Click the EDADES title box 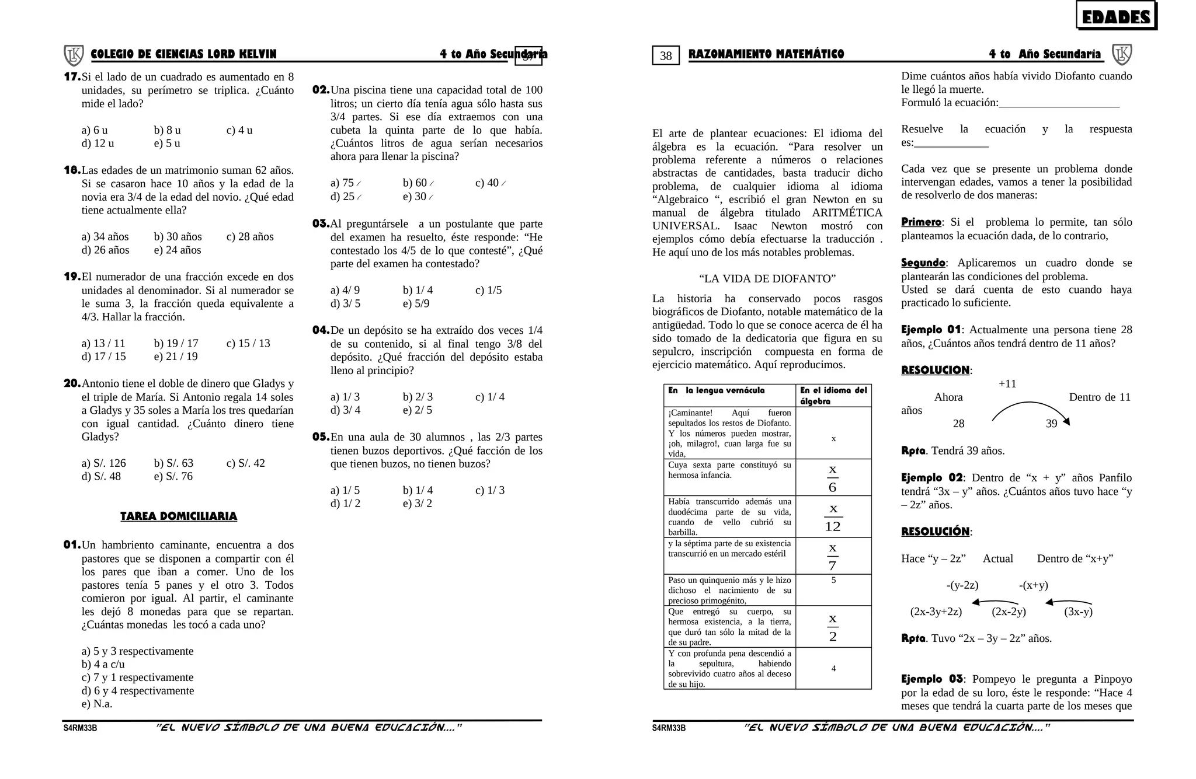click(x=1115, y=16)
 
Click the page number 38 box click(x=666, y=55)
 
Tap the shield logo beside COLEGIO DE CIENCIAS click(x=74, y=55)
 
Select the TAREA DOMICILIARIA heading click(x=178, y=516)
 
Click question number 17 click(x=72, y=76)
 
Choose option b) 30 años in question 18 click(x=178, y=236)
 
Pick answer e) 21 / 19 click(x=176, y=356)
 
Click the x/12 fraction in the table click(x=833, y=517)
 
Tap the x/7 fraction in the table click(x=833, y=556)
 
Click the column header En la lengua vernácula click(x=716, y=390)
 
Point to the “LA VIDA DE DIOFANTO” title click(x=767, y=278)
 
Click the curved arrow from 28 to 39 click(x=1030, y=409)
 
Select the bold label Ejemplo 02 click(x=931, y=477)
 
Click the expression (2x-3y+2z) click(x=936, y=612)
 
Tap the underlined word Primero click(x=921, y=222)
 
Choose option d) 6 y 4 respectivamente click(x=138, y=690)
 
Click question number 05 click(x=321, y=436)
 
